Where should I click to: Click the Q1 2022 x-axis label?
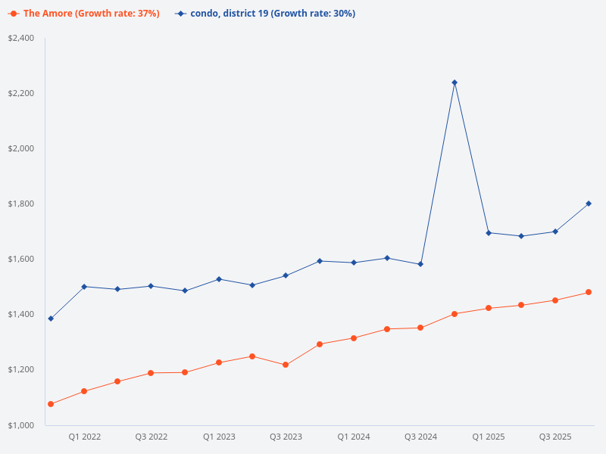click(x=84, y=437)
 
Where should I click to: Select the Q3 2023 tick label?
click(x=286, y=437)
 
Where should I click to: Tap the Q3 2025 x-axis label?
click(x=555, y=437)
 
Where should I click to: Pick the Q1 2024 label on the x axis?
click(x=354, y=437)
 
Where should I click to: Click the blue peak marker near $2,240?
click(x=454, y=82)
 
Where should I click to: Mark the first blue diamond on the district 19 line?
click(x=51, y=319)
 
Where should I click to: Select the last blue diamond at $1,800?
click(x=589, y=204)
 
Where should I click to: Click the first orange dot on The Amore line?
click(x=51, y=404)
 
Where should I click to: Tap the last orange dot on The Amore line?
click(x=589, y=292)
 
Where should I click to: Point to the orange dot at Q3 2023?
click(x=286, y=365)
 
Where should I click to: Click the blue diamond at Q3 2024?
click(x=420, y=264)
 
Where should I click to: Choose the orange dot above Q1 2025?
click(x=488, y=308)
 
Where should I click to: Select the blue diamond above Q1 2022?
click(x=84, y=287)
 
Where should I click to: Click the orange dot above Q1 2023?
click(x=219, y=362)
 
